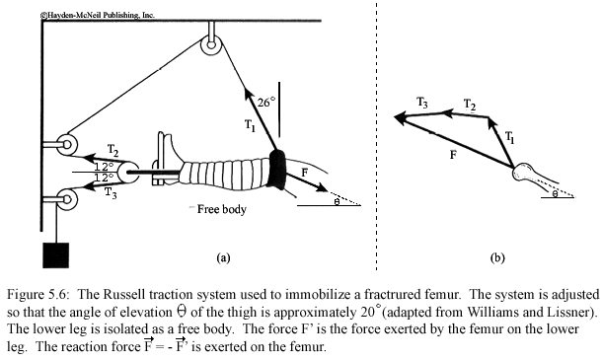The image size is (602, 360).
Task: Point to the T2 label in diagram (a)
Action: (113, 151)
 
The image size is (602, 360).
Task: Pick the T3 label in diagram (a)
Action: (112, 192)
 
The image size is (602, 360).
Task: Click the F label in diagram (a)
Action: (304, 175)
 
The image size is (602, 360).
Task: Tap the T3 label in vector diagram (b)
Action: (421, 103)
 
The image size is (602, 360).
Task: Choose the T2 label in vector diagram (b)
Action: (472, 103)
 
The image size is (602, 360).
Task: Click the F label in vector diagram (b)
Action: (452, 154)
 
